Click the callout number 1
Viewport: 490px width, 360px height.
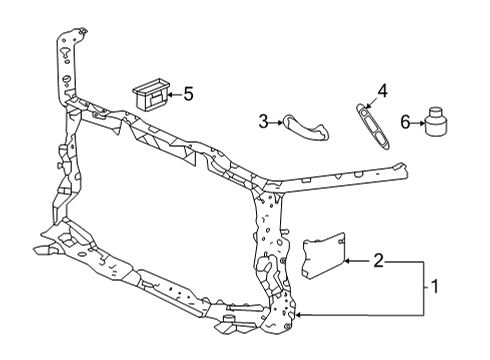click(x=436, y=288)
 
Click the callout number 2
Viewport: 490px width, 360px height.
click(x=379, y=261)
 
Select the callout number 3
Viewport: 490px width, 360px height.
click(x=263, y=122)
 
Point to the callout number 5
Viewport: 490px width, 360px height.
click(x=187, y=95)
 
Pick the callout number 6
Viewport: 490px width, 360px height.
click(x=404, y=121)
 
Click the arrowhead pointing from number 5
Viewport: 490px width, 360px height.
click(x=169, y=95)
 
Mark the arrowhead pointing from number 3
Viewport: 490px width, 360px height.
click(x=279, y=122)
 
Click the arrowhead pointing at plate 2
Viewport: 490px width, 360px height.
click(x=346, y=261)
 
